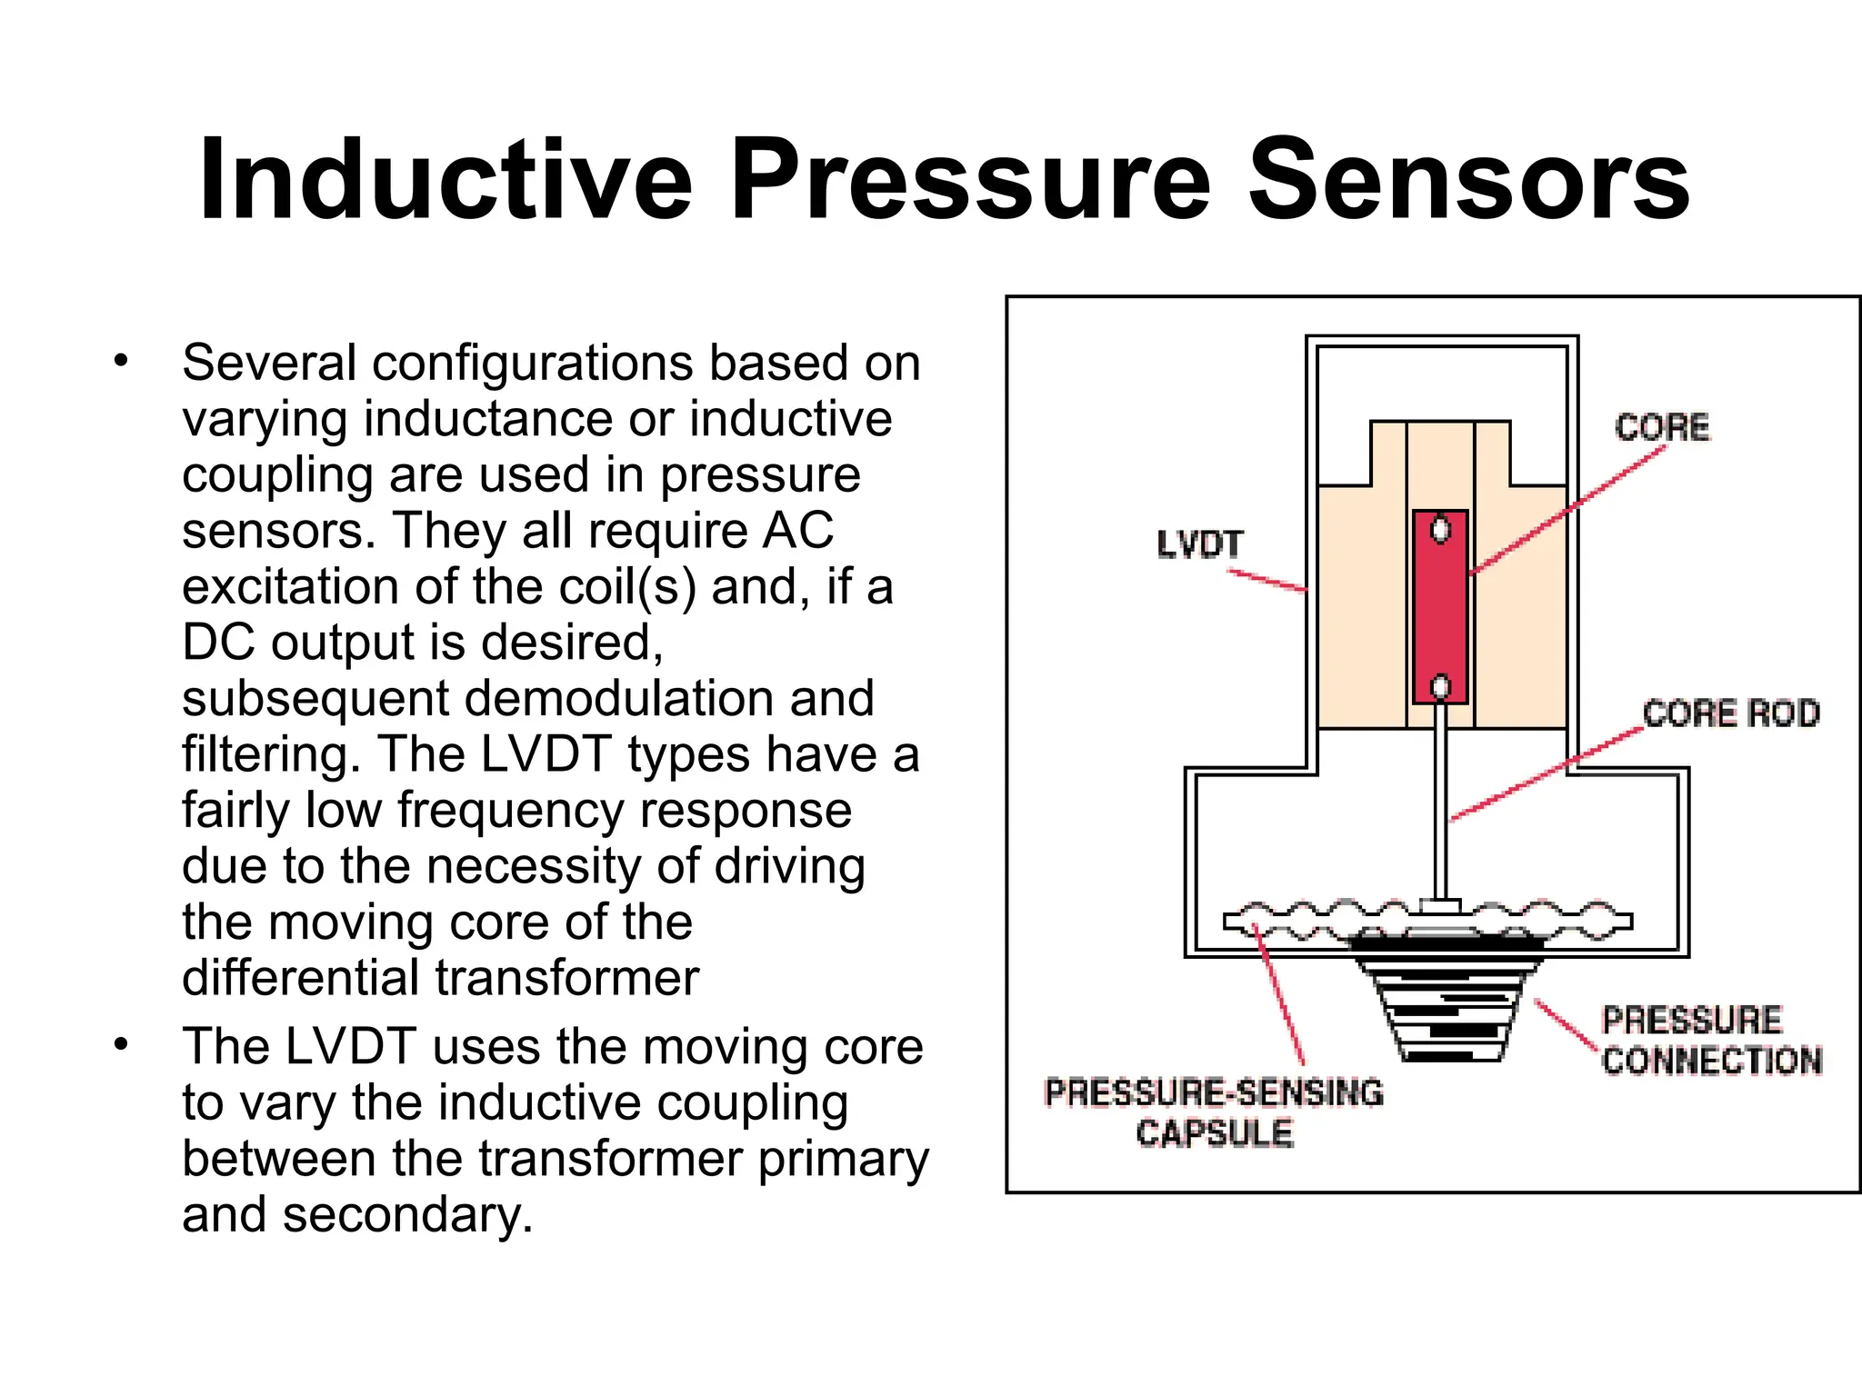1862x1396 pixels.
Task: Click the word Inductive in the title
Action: [x=445, y=179]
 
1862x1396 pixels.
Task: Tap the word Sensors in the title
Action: [x=1467, y=179]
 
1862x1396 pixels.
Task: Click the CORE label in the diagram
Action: [x=1662, y=427]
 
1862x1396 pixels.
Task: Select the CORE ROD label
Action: [x=1731, y=713]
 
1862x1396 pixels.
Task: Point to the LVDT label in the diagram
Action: [x=1199, y=544]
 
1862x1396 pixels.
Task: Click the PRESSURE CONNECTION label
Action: [x=1711, y=1041]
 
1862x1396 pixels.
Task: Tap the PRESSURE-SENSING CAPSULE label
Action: [x=1215, y=1112]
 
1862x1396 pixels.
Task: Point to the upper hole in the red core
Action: [x=1440, y=530]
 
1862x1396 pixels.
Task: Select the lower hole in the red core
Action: [x=1440, y=687]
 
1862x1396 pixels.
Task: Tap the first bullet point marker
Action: [x=122, y=362]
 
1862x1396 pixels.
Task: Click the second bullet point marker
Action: [x=122, y=1045]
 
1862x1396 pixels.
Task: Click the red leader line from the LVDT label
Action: [x=1267, y=580]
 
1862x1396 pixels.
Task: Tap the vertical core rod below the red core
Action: [x=1440, y=800]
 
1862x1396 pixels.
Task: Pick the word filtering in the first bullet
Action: [x=271, y=754]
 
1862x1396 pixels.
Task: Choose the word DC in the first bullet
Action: [x=218, y=643]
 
